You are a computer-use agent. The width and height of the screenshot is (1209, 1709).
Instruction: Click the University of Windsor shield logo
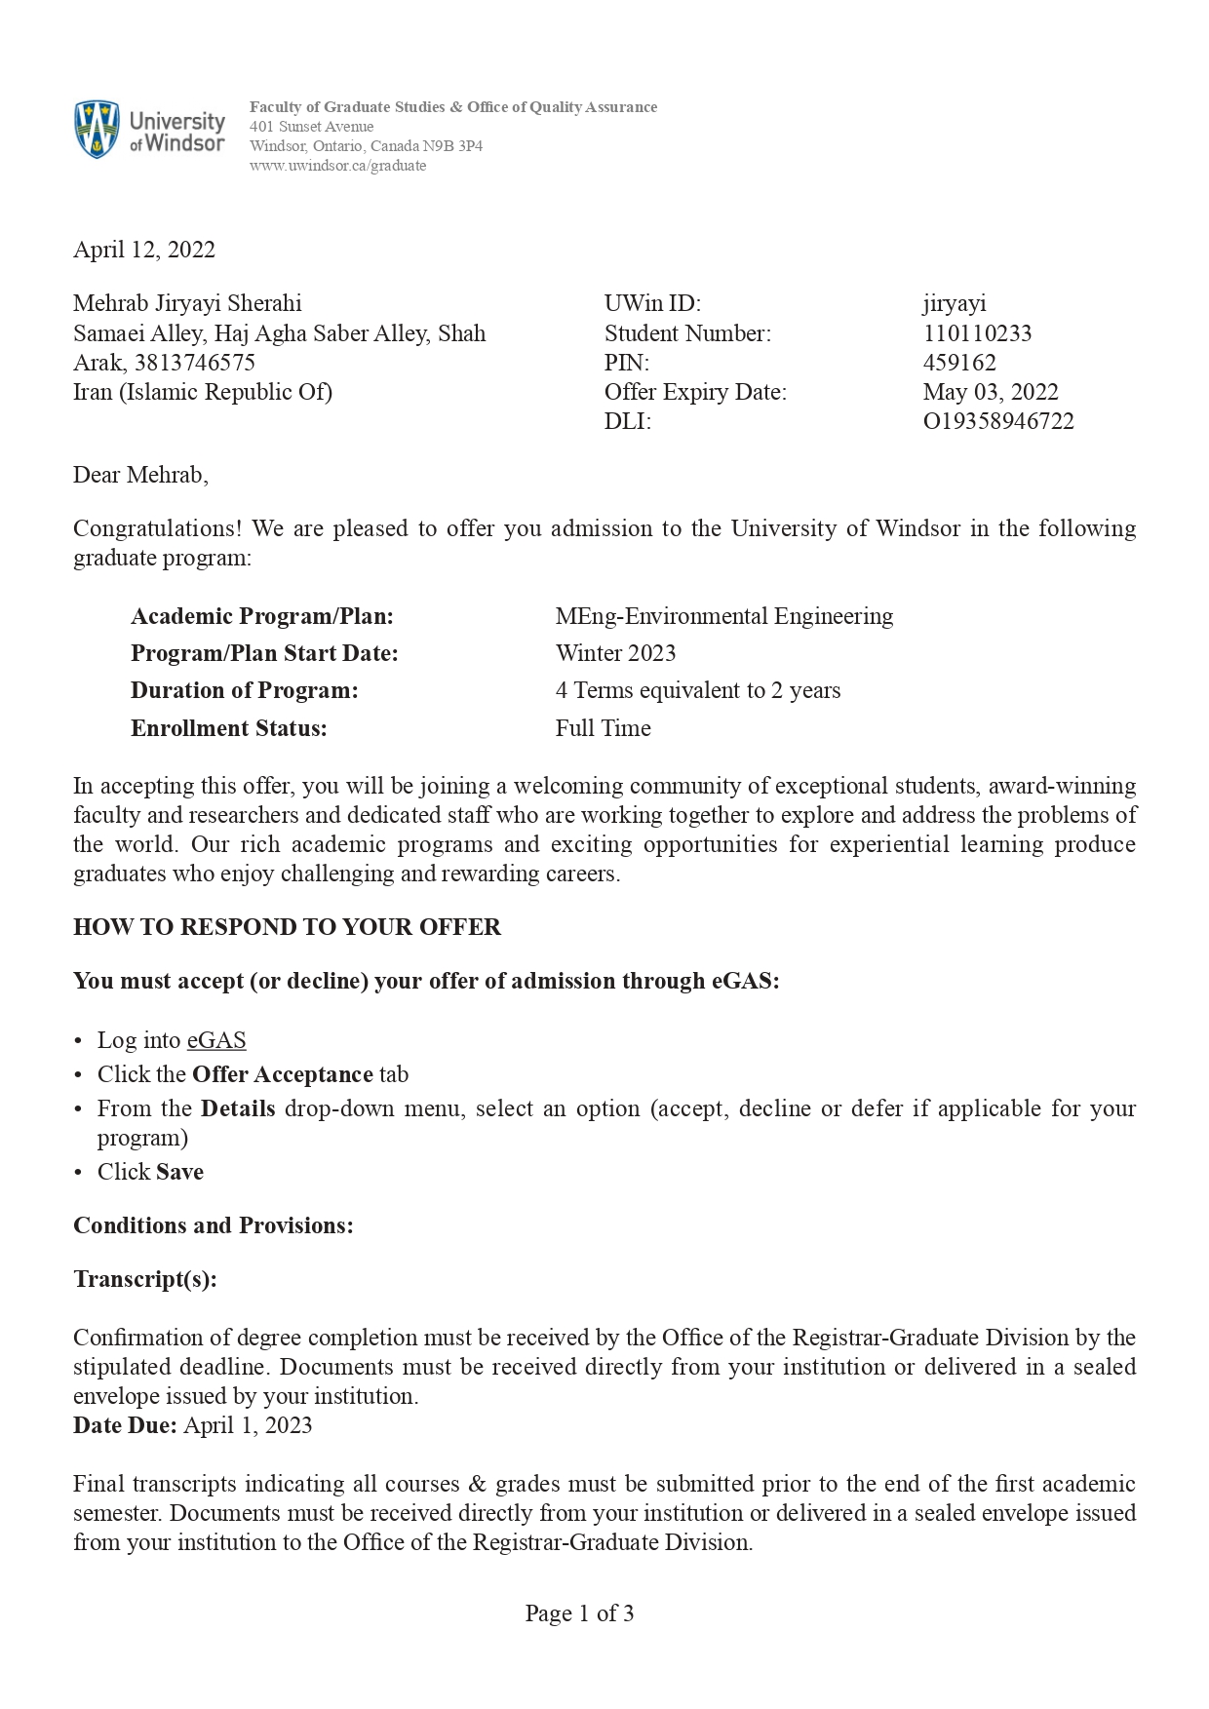tap(97, 129)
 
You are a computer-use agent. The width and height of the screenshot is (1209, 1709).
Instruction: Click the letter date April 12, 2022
tap(144, 250)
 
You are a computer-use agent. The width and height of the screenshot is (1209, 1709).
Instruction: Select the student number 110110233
tap(977, 333)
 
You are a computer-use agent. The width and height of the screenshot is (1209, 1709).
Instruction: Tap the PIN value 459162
tap(959, 363)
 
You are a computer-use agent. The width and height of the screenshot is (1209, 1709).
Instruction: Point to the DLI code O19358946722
tap(998, 421)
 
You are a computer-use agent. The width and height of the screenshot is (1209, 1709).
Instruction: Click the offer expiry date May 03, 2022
tap(991, 392)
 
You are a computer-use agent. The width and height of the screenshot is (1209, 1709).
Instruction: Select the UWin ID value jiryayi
tap(955, 304)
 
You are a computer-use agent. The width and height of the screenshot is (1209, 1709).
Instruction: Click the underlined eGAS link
tap(216, 1040)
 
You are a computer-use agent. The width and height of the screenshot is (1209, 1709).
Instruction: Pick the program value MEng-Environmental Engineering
tap(723, 616)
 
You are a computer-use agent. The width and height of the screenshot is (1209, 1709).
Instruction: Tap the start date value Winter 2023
tap(615, 653)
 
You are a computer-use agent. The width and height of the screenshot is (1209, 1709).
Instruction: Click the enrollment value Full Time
tap(603, 728)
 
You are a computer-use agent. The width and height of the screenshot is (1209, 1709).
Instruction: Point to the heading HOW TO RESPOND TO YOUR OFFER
tap(287, 927)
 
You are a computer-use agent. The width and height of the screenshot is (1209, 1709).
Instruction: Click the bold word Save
tap(179, 1172)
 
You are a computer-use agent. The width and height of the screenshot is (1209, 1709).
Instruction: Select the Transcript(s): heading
tap(145, 1279)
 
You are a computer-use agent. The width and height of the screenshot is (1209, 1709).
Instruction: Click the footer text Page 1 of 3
tap(579, 1613)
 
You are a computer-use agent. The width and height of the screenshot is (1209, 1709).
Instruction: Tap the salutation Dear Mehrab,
tap(140, 475)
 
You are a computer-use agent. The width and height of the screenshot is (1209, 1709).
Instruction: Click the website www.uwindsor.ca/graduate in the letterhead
tap(337, 166)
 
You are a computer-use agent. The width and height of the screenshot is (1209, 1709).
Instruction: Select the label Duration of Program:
tap(245, 690)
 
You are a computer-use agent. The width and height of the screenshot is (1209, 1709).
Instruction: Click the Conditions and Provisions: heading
tap(214, 1225)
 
